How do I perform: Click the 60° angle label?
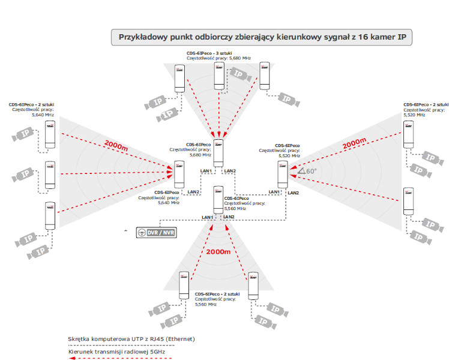[307, 171]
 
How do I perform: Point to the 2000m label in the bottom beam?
[218, 252]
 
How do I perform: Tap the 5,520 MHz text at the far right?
[414, 115]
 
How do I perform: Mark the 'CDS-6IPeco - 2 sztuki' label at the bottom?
[218, 294]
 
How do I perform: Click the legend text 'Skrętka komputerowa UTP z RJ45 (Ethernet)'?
[131, 339]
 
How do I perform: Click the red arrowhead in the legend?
[73, 357]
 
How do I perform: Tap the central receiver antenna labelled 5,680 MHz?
[218, 152]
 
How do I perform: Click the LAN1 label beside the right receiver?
[274, 191]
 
